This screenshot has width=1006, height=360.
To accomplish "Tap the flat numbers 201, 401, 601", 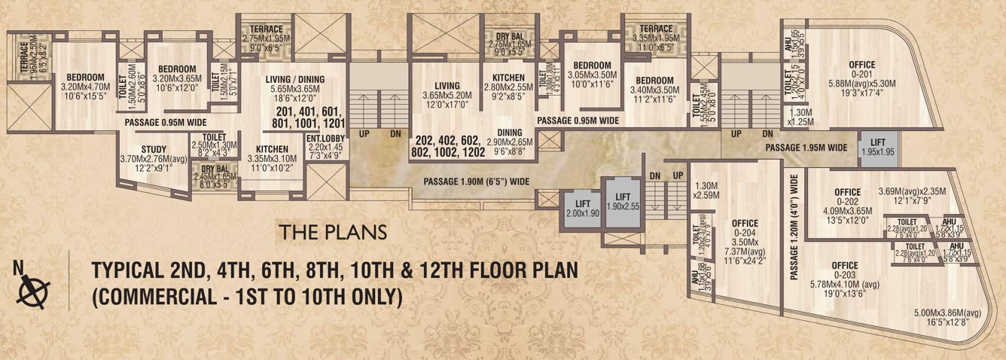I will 310,117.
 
